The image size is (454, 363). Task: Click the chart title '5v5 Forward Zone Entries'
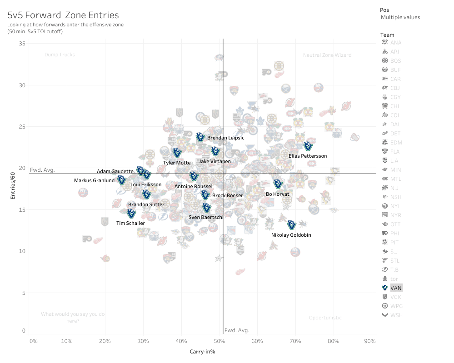tap(63, 15)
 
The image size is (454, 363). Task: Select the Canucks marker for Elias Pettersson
tap(308, 146)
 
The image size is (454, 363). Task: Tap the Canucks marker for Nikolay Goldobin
tap(291, 225)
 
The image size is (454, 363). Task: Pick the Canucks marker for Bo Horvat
tap(278, 184)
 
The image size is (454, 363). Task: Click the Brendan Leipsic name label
tap(225, 138)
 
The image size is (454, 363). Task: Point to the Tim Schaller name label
tap(130, 223)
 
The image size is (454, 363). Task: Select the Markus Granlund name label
tap(94, 180)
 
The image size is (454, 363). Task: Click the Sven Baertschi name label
tap(206, 217)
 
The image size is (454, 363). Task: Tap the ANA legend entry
tap(396, 43)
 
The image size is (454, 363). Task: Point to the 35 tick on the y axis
tap(22, 43)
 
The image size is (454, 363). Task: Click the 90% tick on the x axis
tap(369, 341)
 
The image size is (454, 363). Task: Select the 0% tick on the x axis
tap(33, 341)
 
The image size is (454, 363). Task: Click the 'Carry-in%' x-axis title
tap(202, 351)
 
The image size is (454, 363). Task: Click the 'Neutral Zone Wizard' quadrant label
tap(327, 55)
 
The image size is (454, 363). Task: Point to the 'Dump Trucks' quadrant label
tap(60, 55)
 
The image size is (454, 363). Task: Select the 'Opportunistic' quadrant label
tap(325, 318)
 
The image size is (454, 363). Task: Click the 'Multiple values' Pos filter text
tap(400, 17)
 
